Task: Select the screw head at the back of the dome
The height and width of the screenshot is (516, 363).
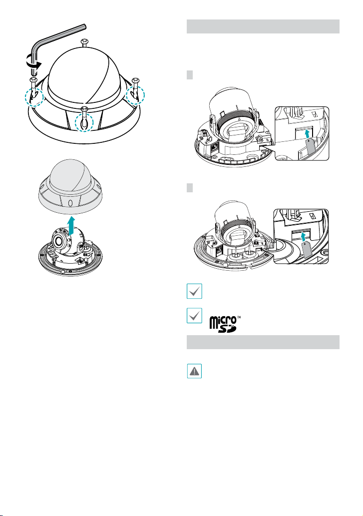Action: pos(84,41)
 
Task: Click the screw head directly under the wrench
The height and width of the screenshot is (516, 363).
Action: pos(34,79)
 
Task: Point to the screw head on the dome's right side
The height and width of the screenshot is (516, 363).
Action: pos(136,80)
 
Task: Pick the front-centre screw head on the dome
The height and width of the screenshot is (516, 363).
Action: pos(85,109)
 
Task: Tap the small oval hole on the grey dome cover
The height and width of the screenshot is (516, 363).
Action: pos(70,203)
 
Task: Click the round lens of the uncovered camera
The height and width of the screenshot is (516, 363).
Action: pos(59,242)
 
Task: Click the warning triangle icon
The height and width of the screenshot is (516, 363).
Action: pos(194,371)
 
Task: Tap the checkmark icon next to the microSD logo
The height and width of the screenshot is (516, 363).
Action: pos(194,316)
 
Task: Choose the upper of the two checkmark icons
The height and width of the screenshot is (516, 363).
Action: pos(194,291)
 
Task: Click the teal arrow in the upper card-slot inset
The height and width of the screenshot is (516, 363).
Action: pos(307,133)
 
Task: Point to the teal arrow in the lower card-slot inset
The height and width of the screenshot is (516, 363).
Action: pos(303,237)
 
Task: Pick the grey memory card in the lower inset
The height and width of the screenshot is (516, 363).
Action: pos(307,249)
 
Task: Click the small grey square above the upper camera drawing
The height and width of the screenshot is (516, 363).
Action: pos(190,75)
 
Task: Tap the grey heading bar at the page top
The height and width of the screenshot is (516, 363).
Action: pos(263,26)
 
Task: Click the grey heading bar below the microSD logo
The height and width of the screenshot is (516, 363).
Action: pos(263,342)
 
